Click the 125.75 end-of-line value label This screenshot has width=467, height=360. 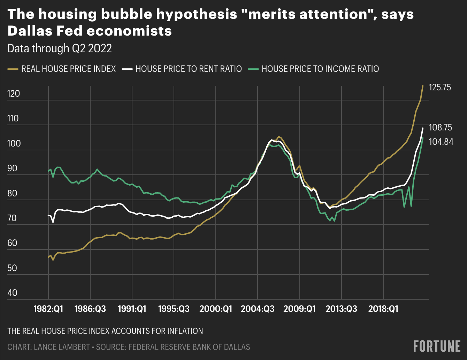point(440,87)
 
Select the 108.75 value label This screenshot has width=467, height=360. point(440,128)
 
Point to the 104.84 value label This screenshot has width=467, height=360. point(441,142)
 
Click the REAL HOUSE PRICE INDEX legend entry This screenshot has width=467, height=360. point(68,69)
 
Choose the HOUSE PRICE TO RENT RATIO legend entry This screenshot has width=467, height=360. point(189,69)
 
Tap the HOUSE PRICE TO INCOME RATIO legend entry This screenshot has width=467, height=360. point(320,69)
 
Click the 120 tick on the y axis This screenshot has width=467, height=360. point(13,94)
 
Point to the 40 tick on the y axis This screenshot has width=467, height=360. point(12,293)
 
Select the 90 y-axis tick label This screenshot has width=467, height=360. point(12,168)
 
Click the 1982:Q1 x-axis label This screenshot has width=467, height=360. point(48,309)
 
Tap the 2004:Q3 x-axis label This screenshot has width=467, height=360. point(258,309)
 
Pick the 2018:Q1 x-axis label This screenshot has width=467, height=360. point(383,309)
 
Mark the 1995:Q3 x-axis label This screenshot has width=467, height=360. point(174,309)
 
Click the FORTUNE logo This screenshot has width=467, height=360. point(437,346)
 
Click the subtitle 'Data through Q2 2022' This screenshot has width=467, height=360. point(60,48)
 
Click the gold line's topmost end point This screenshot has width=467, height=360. point(423,86)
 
